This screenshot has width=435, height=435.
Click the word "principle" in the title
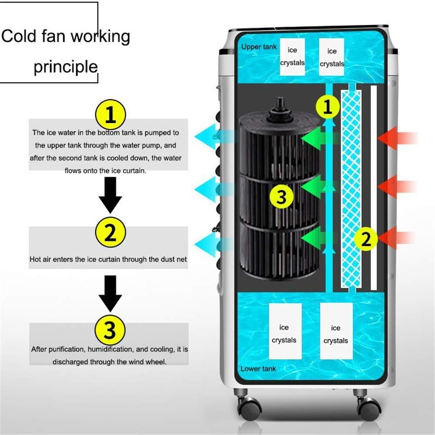pos(66,67)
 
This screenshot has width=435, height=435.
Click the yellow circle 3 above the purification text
pos(110,330)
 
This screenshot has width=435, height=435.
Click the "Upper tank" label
pos(259,47)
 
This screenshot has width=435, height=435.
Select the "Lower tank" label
pos(258,369)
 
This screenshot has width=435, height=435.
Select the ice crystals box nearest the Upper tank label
pos(292,57)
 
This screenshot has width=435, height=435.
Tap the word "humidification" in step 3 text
pos(111,349)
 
